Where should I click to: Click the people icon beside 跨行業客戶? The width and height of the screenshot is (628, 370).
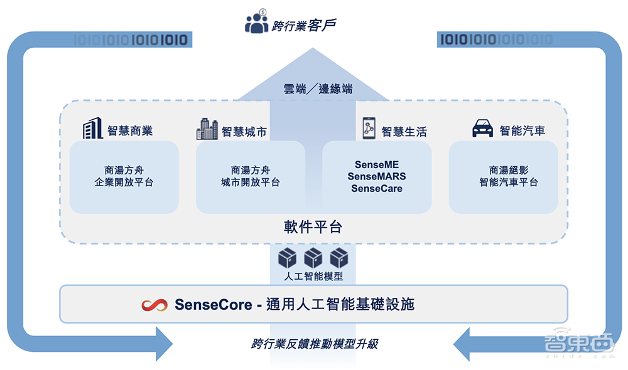pos(256,23)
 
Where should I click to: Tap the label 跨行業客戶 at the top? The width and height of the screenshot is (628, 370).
pos(305,26)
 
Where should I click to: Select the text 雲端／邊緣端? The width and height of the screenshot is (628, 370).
pos(317,88)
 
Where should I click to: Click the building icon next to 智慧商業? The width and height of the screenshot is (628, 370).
pos(92,129)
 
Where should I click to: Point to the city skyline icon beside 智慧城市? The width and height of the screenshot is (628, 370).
pos(207,129)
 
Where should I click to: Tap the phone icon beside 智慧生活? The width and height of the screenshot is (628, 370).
pos(369,128)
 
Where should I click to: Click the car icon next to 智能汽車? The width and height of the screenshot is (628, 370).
pos(482,130)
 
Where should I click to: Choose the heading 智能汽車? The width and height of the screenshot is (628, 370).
pos(522,131)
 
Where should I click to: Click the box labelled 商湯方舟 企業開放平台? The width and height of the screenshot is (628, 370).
pos(124,176)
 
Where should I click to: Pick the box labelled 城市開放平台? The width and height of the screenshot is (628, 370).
pos(251,176)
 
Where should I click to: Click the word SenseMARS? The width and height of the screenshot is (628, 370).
pos(377,177)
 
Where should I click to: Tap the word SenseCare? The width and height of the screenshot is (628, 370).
pos(377,188)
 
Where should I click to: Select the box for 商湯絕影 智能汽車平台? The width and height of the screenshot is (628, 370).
pos(503,176)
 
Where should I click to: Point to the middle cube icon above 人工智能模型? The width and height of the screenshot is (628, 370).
pos(313,257)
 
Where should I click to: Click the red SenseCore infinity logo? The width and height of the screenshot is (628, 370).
pos(154,305)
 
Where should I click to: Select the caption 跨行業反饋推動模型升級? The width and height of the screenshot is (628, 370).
pos(315,344)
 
